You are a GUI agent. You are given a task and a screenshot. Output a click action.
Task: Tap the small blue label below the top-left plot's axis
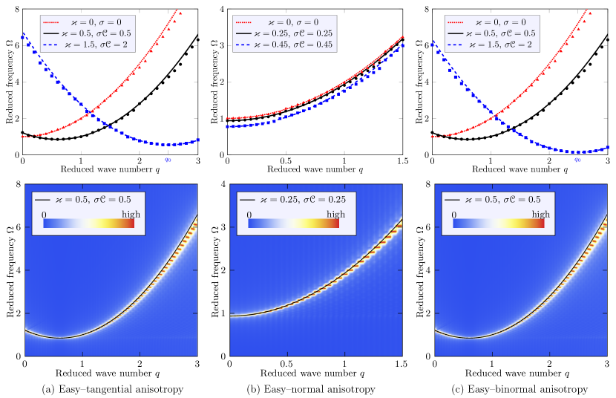168,159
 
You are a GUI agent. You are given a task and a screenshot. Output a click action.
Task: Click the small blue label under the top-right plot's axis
577,159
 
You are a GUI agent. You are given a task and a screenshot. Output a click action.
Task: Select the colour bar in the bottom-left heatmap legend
88,224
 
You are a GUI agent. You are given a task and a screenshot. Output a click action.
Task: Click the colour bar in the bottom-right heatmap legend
498,224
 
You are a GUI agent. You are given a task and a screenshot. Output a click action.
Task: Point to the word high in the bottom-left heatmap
131,214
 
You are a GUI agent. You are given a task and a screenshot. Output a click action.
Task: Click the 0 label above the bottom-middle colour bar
249,214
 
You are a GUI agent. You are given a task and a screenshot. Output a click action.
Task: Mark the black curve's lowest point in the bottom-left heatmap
59,338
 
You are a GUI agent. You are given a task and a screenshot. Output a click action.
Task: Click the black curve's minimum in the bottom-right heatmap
469,338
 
